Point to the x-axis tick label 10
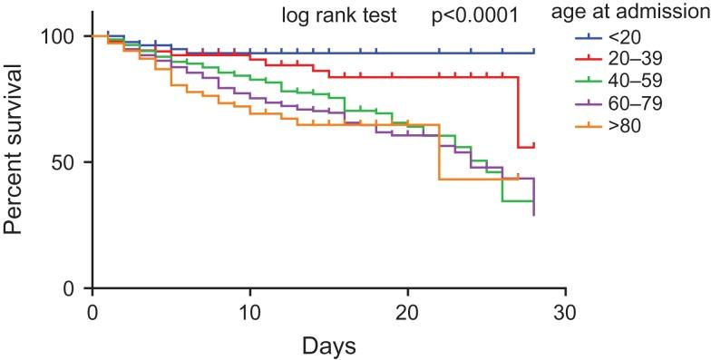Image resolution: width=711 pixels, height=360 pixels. [249, 311]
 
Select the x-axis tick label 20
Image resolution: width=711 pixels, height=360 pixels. [407, 311]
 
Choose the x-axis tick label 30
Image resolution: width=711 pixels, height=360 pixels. [565, 311]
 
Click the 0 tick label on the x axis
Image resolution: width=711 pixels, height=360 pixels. [93, 311]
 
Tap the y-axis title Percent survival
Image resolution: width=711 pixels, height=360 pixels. [16, 162]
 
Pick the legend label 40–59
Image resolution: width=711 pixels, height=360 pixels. [641, 82]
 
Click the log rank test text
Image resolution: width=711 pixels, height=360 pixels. [336, 15]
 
